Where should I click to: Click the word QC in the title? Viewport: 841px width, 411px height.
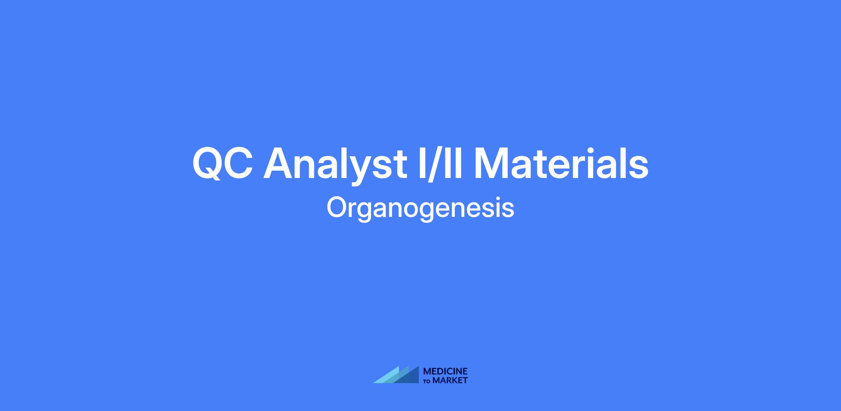pos(223,163)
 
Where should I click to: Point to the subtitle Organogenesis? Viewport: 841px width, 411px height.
pos(420,208)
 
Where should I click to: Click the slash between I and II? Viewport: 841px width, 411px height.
pos(434,164)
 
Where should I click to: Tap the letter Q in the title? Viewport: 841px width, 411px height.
pos(207,164)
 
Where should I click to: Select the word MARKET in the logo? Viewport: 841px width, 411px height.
pos(450,380)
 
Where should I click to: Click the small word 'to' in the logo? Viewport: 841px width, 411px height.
pos(427,381)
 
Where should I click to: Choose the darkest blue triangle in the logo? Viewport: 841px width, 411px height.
pos(410,377)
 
